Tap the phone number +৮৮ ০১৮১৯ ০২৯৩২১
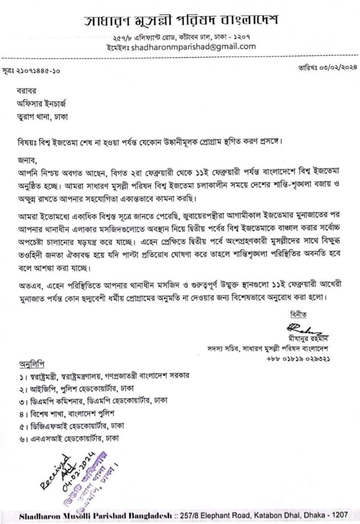(298, 359)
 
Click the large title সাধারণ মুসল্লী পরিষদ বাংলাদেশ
(181, 22)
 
